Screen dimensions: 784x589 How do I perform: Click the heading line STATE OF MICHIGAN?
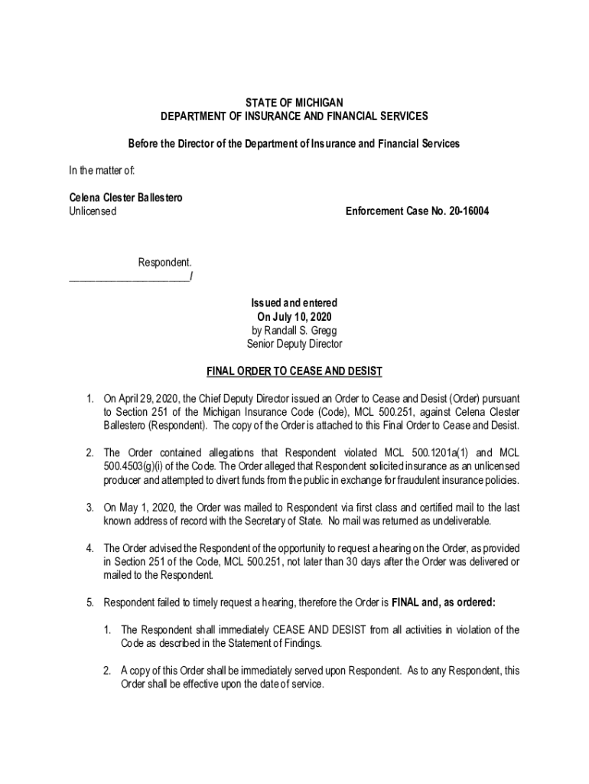click(x=294, y=102)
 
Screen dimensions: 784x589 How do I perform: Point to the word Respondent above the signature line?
click(x=164, y=263)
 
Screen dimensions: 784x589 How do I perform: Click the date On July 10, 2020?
click(x=294, y=316)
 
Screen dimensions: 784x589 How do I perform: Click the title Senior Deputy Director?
click(x=294, y=344)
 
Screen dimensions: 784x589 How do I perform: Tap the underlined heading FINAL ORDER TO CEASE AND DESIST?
click(x=294, y=372)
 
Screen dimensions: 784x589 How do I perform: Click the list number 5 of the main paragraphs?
click(x=89, y=602)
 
